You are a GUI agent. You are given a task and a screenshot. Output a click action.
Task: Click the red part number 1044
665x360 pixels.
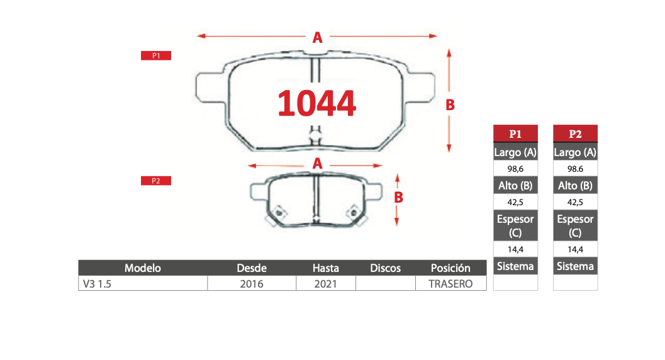point(317,103)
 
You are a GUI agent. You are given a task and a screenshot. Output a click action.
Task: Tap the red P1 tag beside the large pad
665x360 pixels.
point(156,55)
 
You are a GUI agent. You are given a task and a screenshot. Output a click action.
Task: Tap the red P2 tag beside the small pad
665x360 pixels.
point(156,181)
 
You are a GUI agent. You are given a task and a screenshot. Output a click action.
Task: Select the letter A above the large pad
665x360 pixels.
point(317,38)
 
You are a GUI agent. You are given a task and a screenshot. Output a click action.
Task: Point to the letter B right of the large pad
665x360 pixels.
point(450,104)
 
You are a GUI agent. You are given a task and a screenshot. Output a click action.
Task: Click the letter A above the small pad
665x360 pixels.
point(317,163)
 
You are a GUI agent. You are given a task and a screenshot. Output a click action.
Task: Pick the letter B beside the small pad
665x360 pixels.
point(398,197)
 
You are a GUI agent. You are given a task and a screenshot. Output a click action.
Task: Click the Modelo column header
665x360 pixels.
point(142,268)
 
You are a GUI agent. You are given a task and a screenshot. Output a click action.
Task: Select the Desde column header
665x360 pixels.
point(252,268)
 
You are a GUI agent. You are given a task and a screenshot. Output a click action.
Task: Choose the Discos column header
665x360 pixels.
point(385,268)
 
